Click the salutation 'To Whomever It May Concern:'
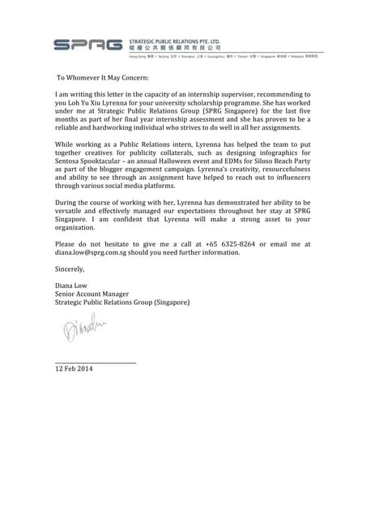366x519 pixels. pos(102,78)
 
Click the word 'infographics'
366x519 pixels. pos(276,160)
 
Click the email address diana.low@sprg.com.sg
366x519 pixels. pos(100,252)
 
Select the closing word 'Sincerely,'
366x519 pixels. pos(70,268)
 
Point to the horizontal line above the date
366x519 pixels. pos(95,362)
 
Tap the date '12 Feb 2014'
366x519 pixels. pos(74,369)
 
